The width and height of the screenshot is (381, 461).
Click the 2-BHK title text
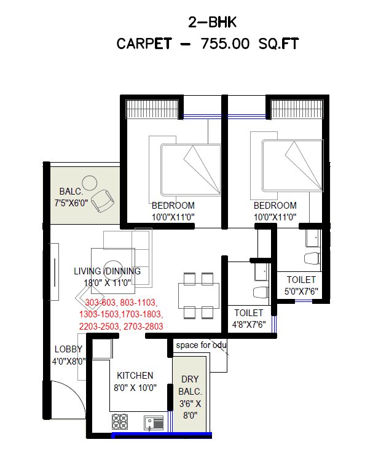point(212,23)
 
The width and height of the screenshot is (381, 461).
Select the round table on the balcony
point(90,183)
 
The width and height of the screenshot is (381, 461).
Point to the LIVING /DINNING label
point(107,271)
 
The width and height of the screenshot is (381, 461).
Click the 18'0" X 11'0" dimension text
point(108,282)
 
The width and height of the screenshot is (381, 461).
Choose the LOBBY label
point(68,349)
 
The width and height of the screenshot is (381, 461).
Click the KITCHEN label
point(135,376)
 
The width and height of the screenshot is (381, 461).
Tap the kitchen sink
point(153,422)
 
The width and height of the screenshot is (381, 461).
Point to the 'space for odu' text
point(201,345)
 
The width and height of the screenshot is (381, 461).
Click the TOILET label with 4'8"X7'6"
point(248,312)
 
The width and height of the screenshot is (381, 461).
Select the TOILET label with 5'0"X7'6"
point(300,280)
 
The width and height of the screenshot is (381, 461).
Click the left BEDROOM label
point(173,206)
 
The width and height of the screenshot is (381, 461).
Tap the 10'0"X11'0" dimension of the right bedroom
point(275,217)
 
